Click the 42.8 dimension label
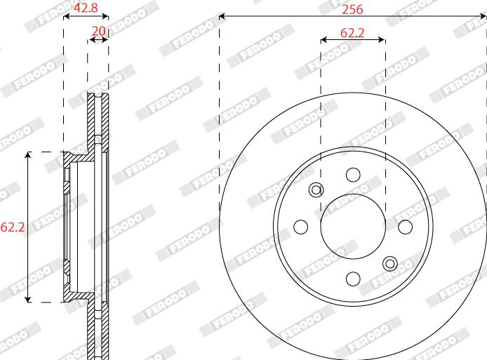[x=86, y=8]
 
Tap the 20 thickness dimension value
[x=99, y=31]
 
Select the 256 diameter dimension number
[x=352, y=10]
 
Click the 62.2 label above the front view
[x=352, y=32]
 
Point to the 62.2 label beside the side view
[x=13, y=227]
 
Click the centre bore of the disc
[x=353, y=227]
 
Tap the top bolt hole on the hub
[x=353, y=175]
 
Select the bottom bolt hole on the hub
[x=353, y=279]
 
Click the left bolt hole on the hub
[x=300, y=227]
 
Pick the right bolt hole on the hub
[x=406, y=227]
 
